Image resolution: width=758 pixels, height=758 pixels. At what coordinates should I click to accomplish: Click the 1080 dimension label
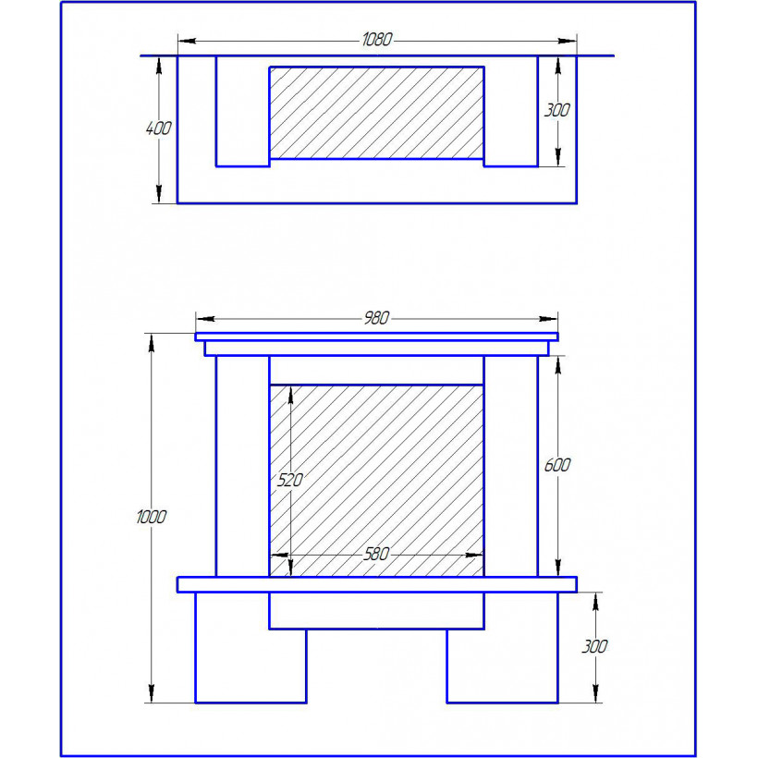(x=377, y=39)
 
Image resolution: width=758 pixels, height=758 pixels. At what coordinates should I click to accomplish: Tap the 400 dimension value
(x=159, y=128)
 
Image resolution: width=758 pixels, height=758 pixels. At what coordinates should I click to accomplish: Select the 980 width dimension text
(x=376, y=318)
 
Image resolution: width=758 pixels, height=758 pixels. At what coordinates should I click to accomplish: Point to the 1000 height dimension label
(x=152, y=517)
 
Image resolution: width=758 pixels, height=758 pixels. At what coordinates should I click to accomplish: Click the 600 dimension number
(x=557, y=465)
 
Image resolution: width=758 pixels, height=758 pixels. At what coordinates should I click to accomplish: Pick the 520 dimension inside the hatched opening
(x=289, y=480)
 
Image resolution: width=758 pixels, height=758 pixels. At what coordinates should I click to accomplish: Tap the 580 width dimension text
(x=376, y=554)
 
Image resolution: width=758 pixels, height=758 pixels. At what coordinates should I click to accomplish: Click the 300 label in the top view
(x=556, y=110)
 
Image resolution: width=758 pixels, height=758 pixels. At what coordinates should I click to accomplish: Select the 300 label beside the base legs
(x=594, y=646)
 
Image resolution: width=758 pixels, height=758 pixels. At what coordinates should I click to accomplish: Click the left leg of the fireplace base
(x=251, y=648)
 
